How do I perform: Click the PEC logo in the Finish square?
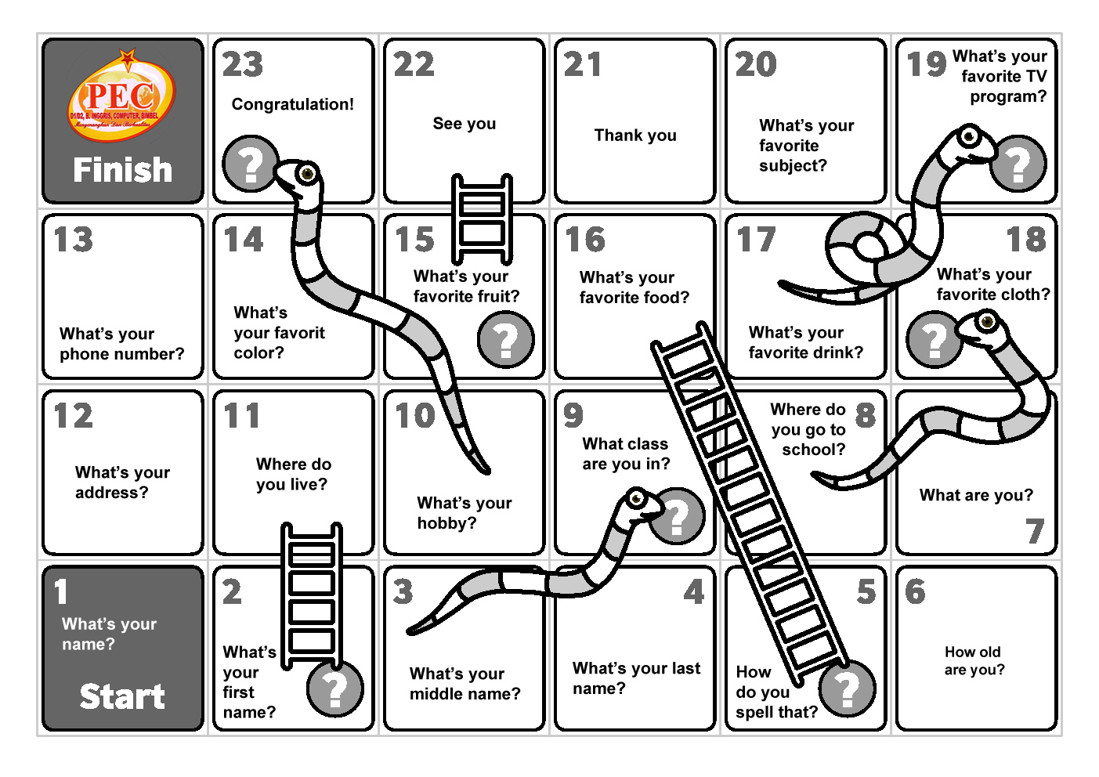pyautogui.click(x=121, y=99)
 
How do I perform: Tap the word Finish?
pyautogui.click(x=123, y=170)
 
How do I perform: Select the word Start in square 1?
pyautogui.click(x=122, y=696)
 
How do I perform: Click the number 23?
pyautogui.click(x=243, y=64)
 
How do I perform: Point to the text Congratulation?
pyautogui.click(x=292, y=104)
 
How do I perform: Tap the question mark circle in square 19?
pyautogui.click(x=1018, y=164)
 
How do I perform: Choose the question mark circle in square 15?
pyautogui.click(x=506, y=339)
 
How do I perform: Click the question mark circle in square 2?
pyautogui.click(x=335, y=689)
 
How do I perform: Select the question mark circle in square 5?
pyautogui.click(x=847, y=689)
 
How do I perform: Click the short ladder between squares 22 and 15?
pyautogui.click(x=482, y=219)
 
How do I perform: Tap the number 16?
pyautogui.click(x=585, y=240)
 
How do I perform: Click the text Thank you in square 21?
pyautogui.click(x=635, y=136)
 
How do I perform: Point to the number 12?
pyautogui.click(x=74, y=415)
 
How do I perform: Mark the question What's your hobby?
pyautogui.click(x=464, y=513)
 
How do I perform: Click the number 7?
pyautogui.click(x=1035, y=532)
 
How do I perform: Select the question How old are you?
pyautogui.click(x=974, y=661)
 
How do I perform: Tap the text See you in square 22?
pyautogui.click(x=465, y=124)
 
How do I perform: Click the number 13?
pyautogui.click(x=74, y=240)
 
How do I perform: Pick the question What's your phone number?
pyautogui.click(x=121, y=344)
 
